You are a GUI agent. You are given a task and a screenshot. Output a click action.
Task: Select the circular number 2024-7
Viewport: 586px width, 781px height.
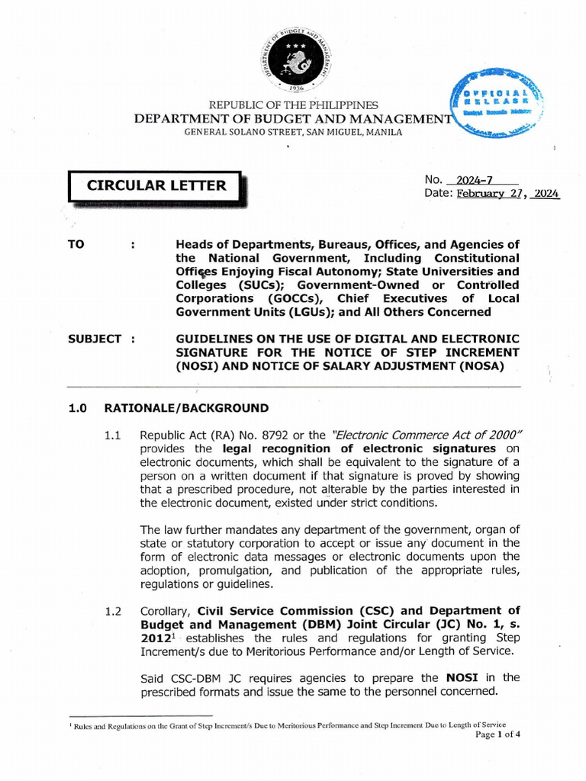[475, 180]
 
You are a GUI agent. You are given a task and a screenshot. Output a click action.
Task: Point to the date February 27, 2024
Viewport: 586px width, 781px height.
[507, 194]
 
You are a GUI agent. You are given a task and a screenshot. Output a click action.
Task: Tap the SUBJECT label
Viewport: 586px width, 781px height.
[95, 339]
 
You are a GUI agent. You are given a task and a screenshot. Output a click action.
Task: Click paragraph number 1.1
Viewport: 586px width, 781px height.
[114, 435]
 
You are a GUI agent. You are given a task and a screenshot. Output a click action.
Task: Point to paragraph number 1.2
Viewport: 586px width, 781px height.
[114, 610]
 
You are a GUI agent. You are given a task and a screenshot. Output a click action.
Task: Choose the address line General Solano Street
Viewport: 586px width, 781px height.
[293, 132]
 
